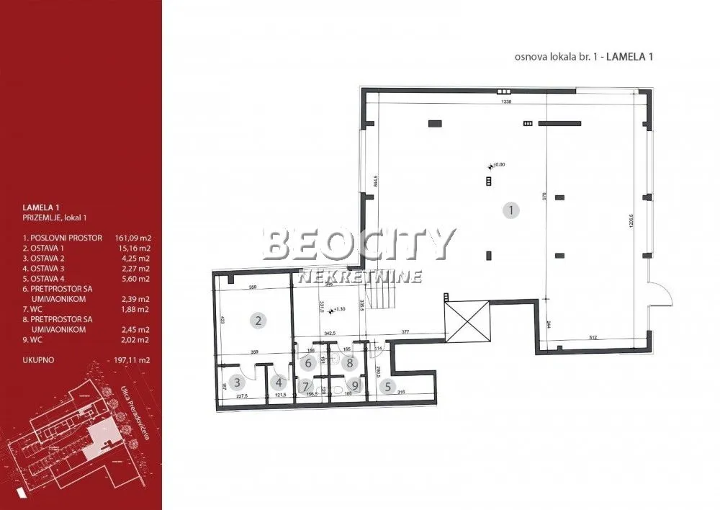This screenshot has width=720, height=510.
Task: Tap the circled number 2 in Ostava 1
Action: (x=258, y=320)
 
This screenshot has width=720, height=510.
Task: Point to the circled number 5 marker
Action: (x=277, y=383)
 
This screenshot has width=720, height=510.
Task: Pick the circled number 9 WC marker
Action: (x=387, y=387)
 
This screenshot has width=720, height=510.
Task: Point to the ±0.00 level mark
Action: (x=498, y=165)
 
